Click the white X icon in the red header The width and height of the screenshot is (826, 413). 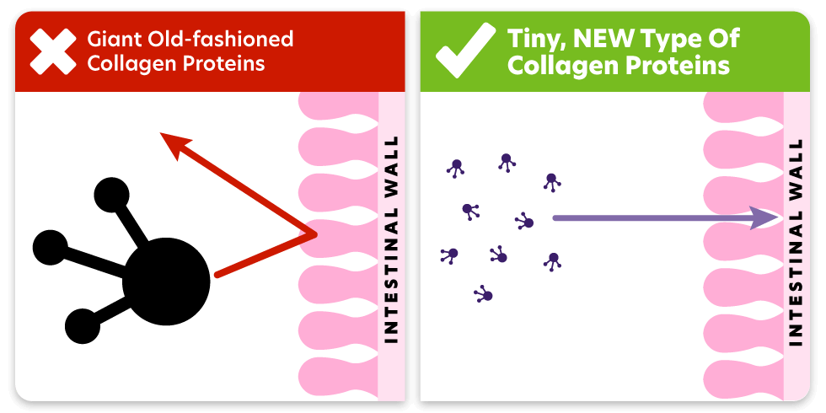(x=52, y=51)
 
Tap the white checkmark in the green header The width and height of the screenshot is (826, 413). (x=464, y=50)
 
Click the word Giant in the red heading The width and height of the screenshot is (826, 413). (x=111, y=40)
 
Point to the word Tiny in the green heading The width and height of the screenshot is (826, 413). (x=534, y=39)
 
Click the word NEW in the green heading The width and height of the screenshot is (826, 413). (x=603, y=39)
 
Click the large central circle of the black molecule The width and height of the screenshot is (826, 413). (x=166, y=281)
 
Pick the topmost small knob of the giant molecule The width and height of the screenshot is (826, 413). (x=111, y=196)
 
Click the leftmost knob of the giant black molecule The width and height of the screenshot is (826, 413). (x=51, y=247)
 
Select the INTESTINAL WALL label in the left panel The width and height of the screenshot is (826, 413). (x=391, y=239)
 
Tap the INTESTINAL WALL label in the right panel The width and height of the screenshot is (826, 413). (x=796, y=239)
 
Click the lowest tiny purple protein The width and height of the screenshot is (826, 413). (x=484, y=294)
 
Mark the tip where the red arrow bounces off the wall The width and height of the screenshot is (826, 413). (x=314, y=234)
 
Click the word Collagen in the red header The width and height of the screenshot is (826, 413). (x=135, y=64)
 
